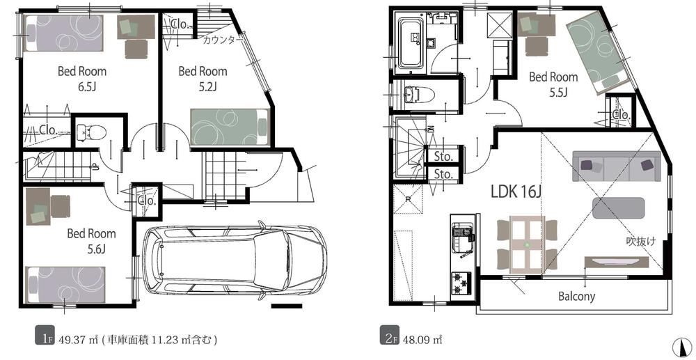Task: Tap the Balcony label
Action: tap(576, 296)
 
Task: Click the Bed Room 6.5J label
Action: tap(82, 78)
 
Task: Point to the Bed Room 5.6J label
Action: tap(91, 241)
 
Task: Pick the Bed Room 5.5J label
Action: tap(553, 84)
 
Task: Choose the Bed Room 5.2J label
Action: tap(203, 78)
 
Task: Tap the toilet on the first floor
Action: tap(91, 132)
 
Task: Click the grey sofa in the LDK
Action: tap(617, 166)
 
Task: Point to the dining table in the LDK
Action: tap(527, 244)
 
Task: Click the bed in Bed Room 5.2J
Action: tap(230, 127)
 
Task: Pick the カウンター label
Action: tap(223, 40)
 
